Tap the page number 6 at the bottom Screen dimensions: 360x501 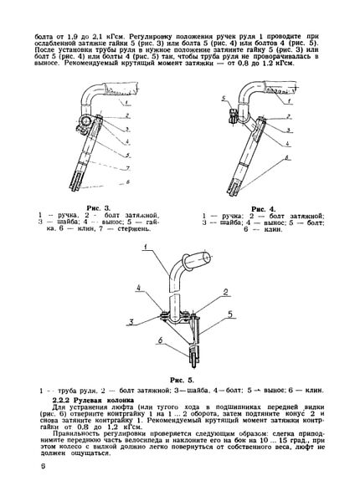point(44,466)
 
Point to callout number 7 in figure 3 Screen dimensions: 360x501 point(127,168)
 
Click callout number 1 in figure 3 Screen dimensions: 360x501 point(126,103)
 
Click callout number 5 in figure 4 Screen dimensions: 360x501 point(224,98)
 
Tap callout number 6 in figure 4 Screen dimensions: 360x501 point(287,157)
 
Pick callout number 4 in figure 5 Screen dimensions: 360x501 point(139,288)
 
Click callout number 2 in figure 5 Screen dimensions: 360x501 point(226,292)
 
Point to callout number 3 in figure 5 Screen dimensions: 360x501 point(131,322)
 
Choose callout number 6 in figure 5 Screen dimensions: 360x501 point(160,340)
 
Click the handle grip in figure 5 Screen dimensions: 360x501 point(196,260)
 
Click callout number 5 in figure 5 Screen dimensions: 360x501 point(230,314)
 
